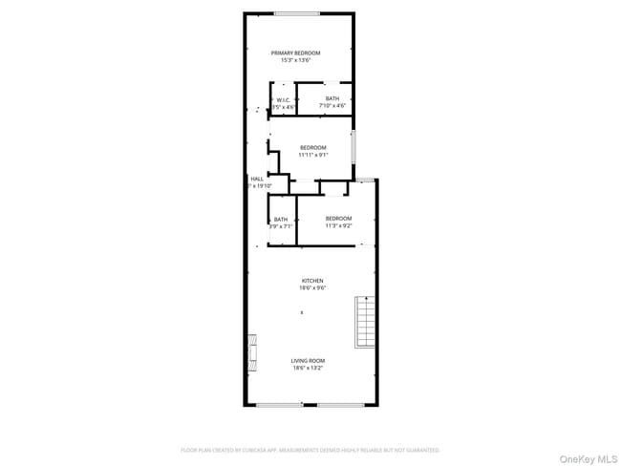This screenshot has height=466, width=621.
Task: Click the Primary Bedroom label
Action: [x=295, y=53]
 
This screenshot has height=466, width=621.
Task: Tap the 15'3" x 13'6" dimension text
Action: [x=295, y=60]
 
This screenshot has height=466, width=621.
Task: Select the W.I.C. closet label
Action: [x=283, y=99]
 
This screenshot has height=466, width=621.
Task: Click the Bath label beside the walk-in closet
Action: [x=332, y=98]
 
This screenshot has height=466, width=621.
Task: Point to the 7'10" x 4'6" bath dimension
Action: [x=332, y=106]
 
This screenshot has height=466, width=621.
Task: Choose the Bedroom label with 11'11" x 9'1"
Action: [x=312, y=147]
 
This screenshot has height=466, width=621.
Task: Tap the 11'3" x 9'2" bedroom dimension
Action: [x=338, y=226]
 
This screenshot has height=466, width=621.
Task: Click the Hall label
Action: [x=256, y=179]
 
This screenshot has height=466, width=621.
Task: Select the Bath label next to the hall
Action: [x=280, y=219]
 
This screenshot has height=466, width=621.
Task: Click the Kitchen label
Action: [x=300, y=281]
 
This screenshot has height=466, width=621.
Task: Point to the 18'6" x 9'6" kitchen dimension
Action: [x=300, y=287]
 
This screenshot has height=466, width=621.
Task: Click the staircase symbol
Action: [x=363, y=322]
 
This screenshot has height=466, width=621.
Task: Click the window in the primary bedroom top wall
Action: [x=297, y=12]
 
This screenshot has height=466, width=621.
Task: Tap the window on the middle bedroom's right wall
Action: [x=354, y=145]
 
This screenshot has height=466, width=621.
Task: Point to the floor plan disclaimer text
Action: [x=310, y=449]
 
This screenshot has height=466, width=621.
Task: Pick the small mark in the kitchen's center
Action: [x=302, y=312]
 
